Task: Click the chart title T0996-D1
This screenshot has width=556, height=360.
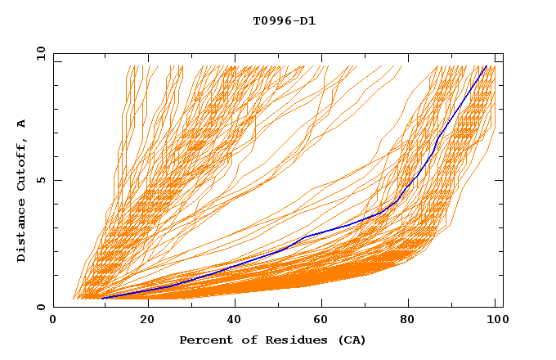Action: click(x=284, y=20)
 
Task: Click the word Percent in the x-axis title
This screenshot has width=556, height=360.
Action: click(x=204, y=340)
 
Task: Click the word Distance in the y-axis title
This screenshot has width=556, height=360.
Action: click(x=21, y=232)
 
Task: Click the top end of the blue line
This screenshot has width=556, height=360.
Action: click(x=486, y=66)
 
